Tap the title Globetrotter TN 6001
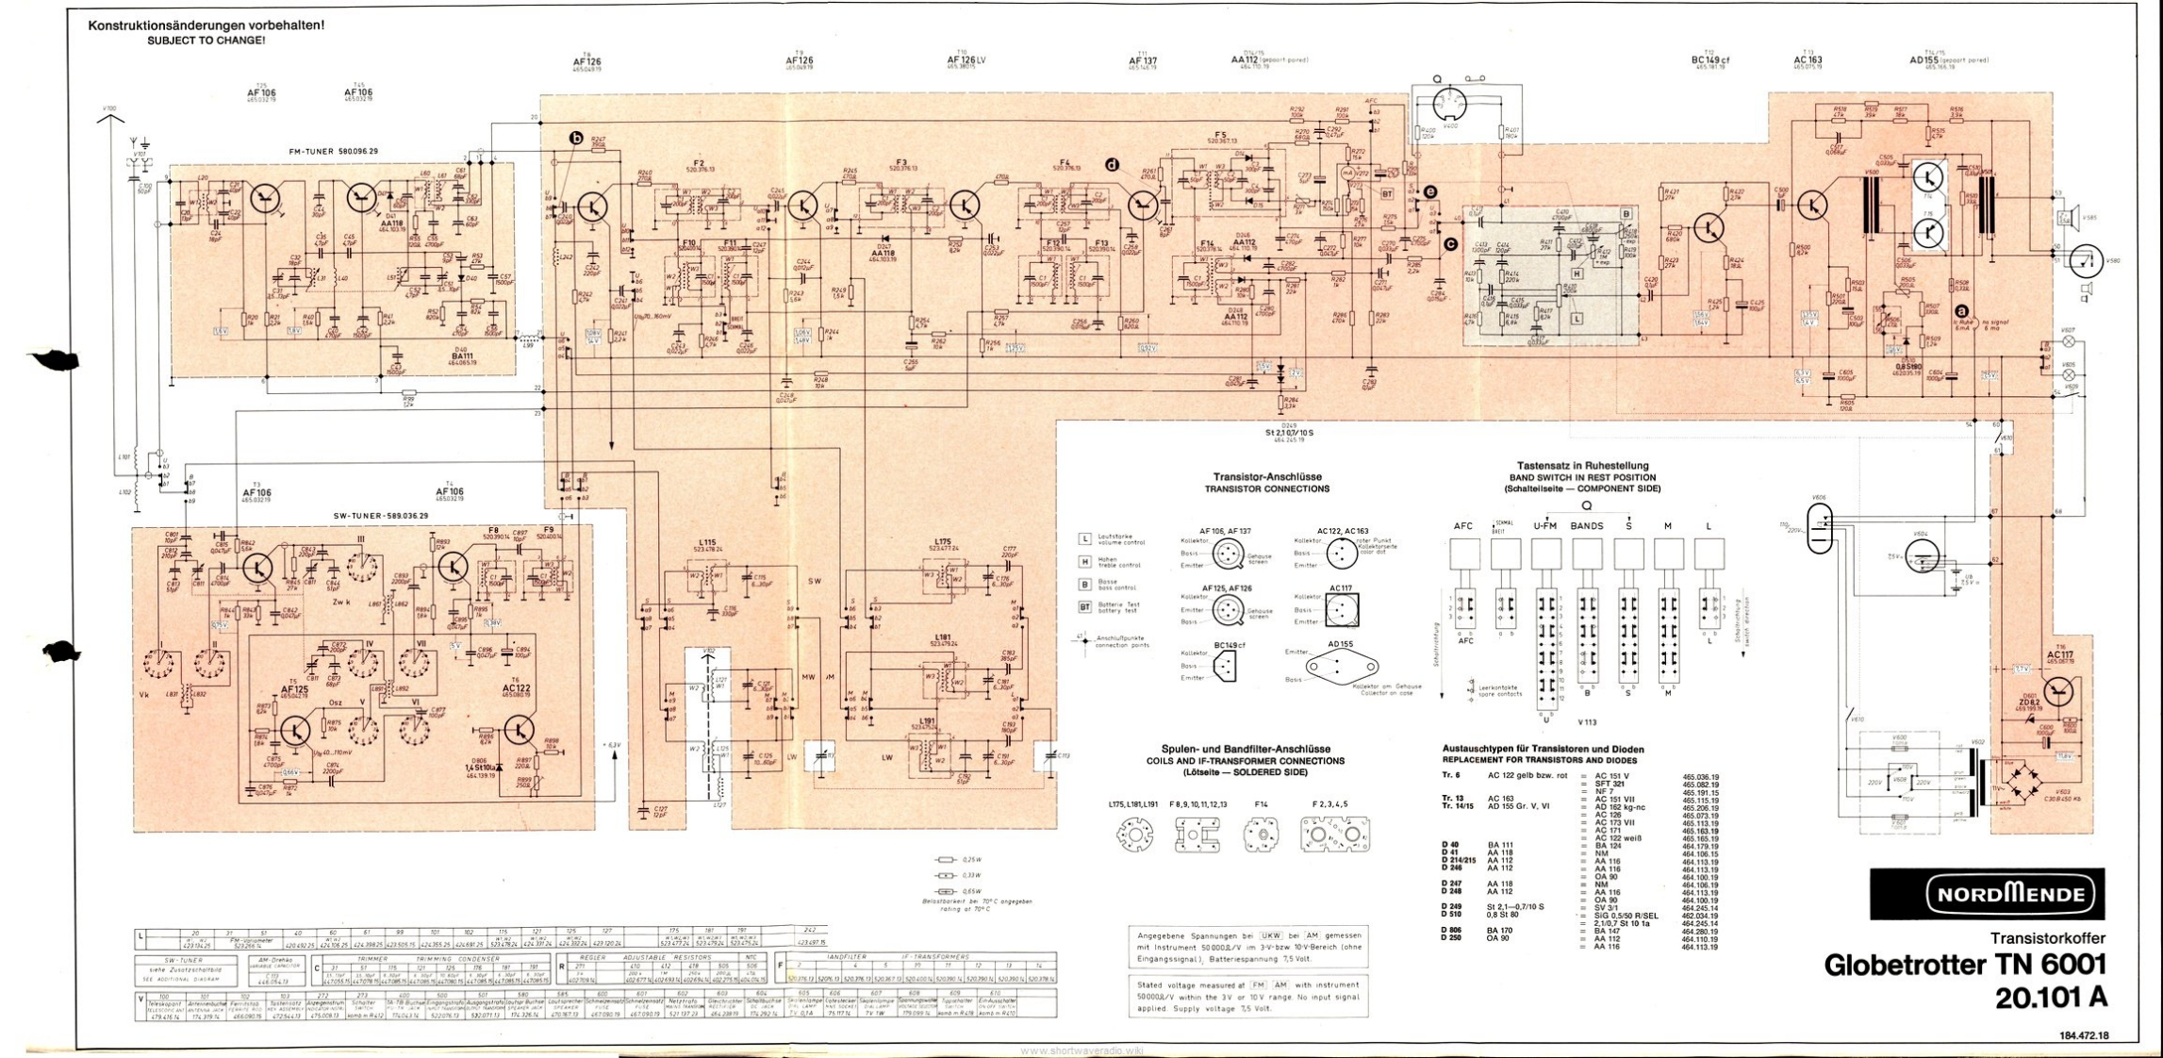1964,965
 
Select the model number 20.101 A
2050,999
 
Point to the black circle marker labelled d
1113,165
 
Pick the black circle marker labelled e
1430,192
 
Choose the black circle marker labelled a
1962,309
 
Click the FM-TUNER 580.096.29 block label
334,151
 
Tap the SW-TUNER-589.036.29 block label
381,516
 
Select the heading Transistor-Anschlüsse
1266,477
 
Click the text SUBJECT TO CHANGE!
206,41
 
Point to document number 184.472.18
2083,1035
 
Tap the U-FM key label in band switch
1544,526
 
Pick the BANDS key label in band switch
1587,526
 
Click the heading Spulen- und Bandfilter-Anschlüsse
1245,749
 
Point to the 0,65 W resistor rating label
971,891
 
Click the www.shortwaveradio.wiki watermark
1081,1050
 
